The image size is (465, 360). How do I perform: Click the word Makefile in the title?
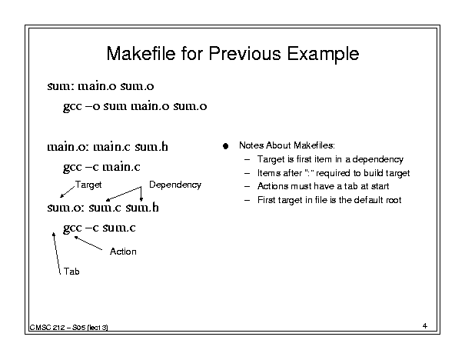click(141, 53)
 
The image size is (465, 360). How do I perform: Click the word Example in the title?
click(323, 55)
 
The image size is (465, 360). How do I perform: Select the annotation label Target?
click(88, 185)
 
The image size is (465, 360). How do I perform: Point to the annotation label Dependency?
click(175, 185)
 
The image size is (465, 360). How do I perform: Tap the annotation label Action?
click(123, 252)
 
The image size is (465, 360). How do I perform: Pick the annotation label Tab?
click(71, 272)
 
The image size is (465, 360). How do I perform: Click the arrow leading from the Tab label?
click(57, 253)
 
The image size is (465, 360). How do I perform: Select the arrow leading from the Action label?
click(88, 243)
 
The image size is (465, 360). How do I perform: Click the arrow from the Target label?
click(68, 192)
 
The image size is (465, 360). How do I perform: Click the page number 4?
click(425, 326)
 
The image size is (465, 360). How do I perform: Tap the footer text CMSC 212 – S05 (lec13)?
click(69, 328)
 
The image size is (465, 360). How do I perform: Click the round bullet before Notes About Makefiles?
click(226, 146)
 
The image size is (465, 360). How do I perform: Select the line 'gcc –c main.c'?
click(101, 168)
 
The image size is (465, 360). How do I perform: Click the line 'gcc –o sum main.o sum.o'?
click(135, 107)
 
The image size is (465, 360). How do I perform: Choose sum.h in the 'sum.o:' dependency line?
click(142, 207)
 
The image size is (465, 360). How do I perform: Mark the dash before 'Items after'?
click(247, 173)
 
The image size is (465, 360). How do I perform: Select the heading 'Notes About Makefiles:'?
click(287, 145)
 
